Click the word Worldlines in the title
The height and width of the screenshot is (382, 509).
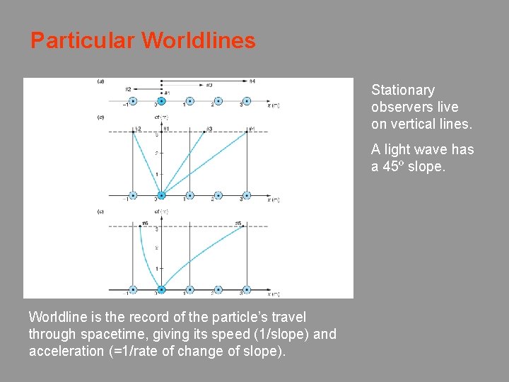[199, 40]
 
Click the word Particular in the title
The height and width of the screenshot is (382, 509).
[83, 40]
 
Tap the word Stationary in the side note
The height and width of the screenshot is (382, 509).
[403, 90]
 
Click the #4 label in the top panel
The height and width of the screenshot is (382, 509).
[252, 81]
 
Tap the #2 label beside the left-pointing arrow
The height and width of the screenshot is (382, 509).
[128, 89]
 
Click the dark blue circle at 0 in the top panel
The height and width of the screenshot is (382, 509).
[161, 101]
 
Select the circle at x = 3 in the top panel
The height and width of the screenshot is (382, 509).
[247, 101]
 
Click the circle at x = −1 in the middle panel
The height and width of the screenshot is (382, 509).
[133, 196]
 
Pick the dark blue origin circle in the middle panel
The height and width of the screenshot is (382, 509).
[161, 196]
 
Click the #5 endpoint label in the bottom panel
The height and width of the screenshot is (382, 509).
[238, 224]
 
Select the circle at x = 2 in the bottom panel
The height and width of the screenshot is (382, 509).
[218, 289]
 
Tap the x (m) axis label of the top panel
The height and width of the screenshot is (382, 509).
[274, 105]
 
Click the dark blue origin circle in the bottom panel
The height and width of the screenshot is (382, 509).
[161, 289]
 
